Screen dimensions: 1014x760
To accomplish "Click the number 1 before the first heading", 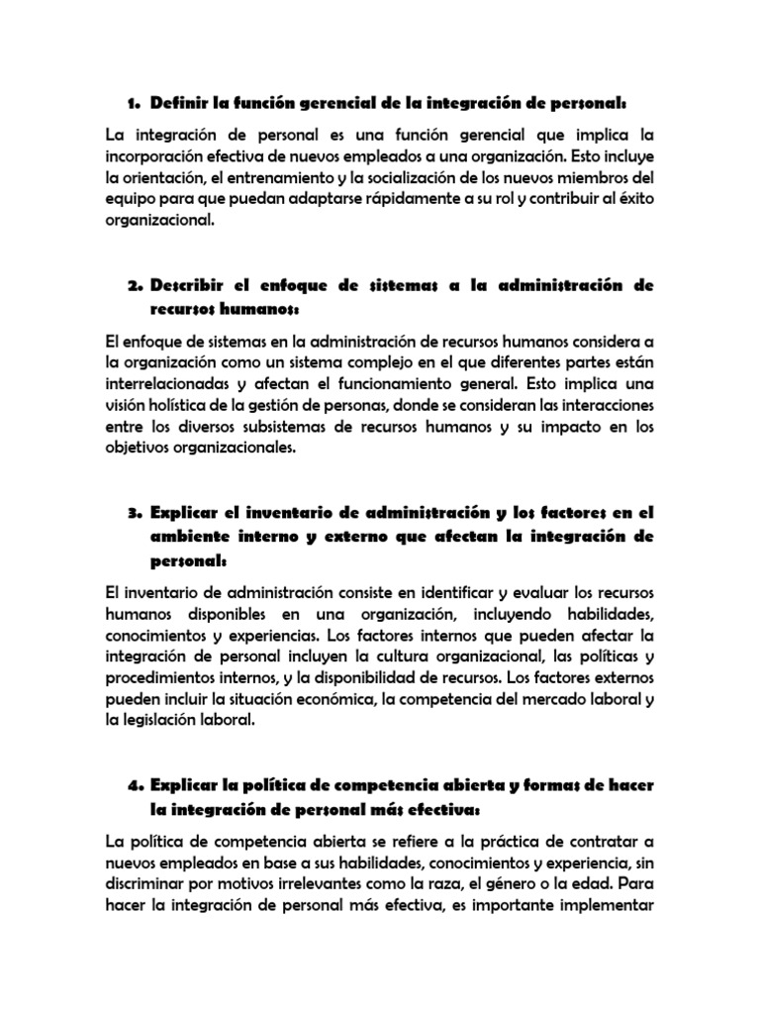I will (132, 103).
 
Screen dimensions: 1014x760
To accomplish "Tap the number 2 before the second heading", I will (133, 285).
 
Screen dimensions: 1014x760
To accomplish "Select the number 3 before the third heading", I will (133, 513).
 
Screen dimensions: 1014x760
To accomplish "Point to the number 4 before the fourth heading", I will (133, 784).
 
